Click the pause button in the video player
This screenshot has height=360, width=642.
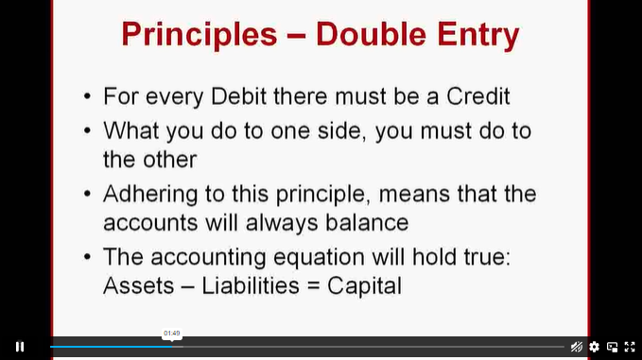(x=20, y=347)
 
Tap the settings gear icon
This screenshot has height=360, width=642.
(x=594, y=347)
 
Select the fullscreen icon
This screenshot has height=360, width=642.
(x=630, y=347)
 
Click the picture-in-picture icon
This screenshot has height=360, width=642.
(x=612, y=347)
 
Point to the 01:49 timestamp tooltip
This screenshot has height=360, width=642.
(x=172, y=334)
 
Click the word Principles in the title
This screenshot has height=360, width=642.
(x=200, y=34)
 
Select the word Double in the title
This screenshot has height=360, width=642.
(x=371, y=34)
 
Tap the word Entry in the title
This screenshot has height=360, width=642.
(x=478, y=35)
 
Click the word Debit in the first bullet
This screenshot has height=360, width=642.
(x=238, y=96)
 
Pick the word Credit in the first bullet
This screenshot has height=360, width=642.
(x=477, y=96)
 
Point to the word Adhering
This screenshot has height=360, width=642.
(x=150, y=195)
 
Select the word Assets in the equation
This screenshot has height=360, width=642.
(x=139, y=285)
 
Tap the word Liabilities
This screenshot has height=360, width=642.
(x=251, y=285)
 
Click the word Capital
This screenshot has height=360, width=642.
(x=364, y=286)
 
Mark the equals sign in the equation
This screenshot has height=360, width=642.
(x=313, y=286)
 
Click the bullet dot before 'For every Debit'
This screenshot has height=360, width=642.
(x=87, y=96)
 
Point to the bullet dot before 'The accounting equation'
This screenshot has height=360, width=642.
(x=87, y=257)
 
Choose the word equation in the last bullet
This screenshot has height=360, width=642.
(x=319, y=258)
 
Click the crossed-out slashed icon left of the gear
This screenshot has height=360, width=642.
(x=577, y=347)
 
